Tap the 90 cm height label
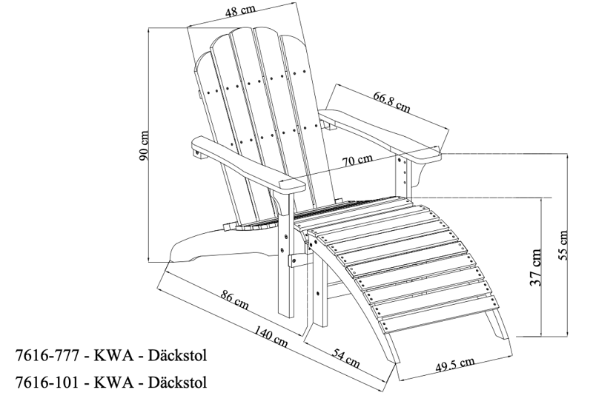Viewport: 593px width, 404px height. coord(145,149)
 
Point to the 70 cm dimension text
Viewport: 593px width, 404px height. coord(358,160)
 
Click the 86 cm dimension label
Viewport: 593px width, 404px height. coord(235,301)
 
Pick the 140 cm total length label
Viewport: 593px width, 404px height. coord(271,337)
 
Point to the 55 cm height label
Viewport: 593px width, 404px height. coord(565,245)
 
